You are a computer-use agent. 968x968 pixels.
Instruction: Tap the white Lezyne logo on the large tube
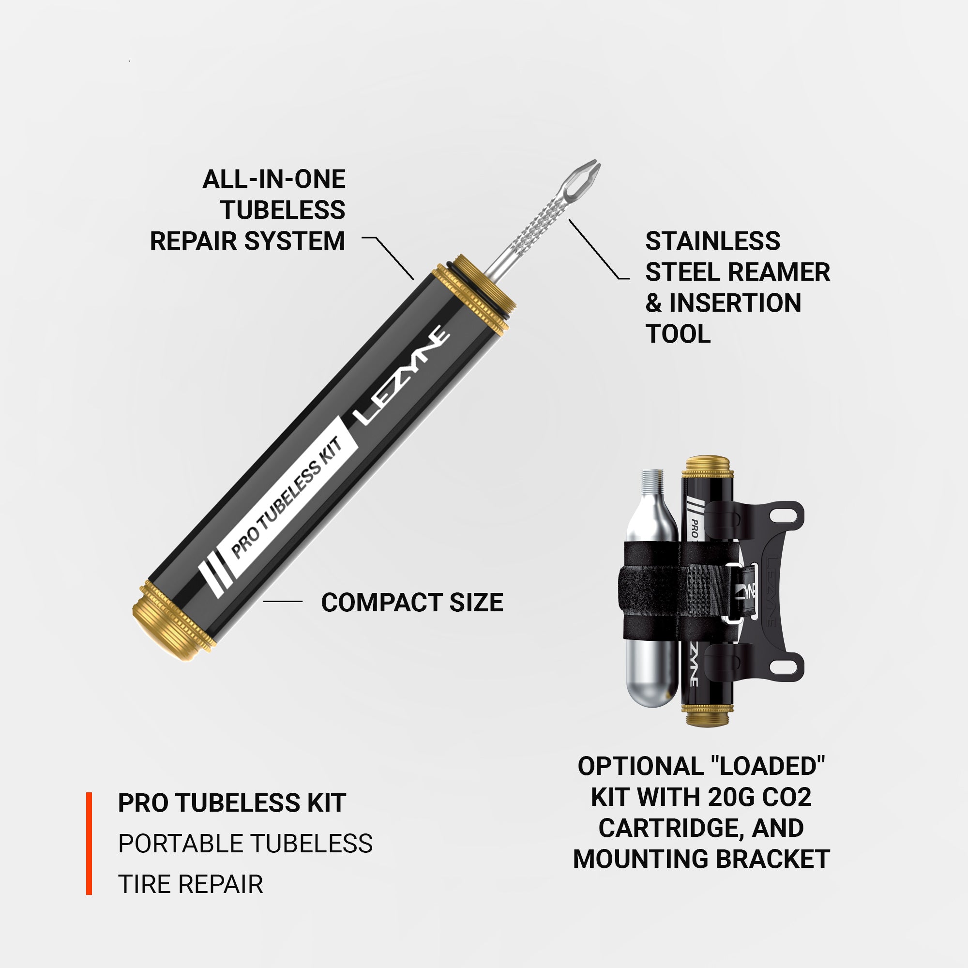[x=401, y=375]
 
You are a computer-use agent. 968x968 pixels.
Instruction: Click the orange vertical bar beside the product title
[x=89, y=843]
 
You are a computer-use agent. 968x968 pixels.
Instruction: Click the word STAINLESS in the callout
[x=712, y=241]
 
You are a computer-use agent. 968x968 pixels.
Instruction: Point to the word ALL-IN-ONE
[x=273, y=180]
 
